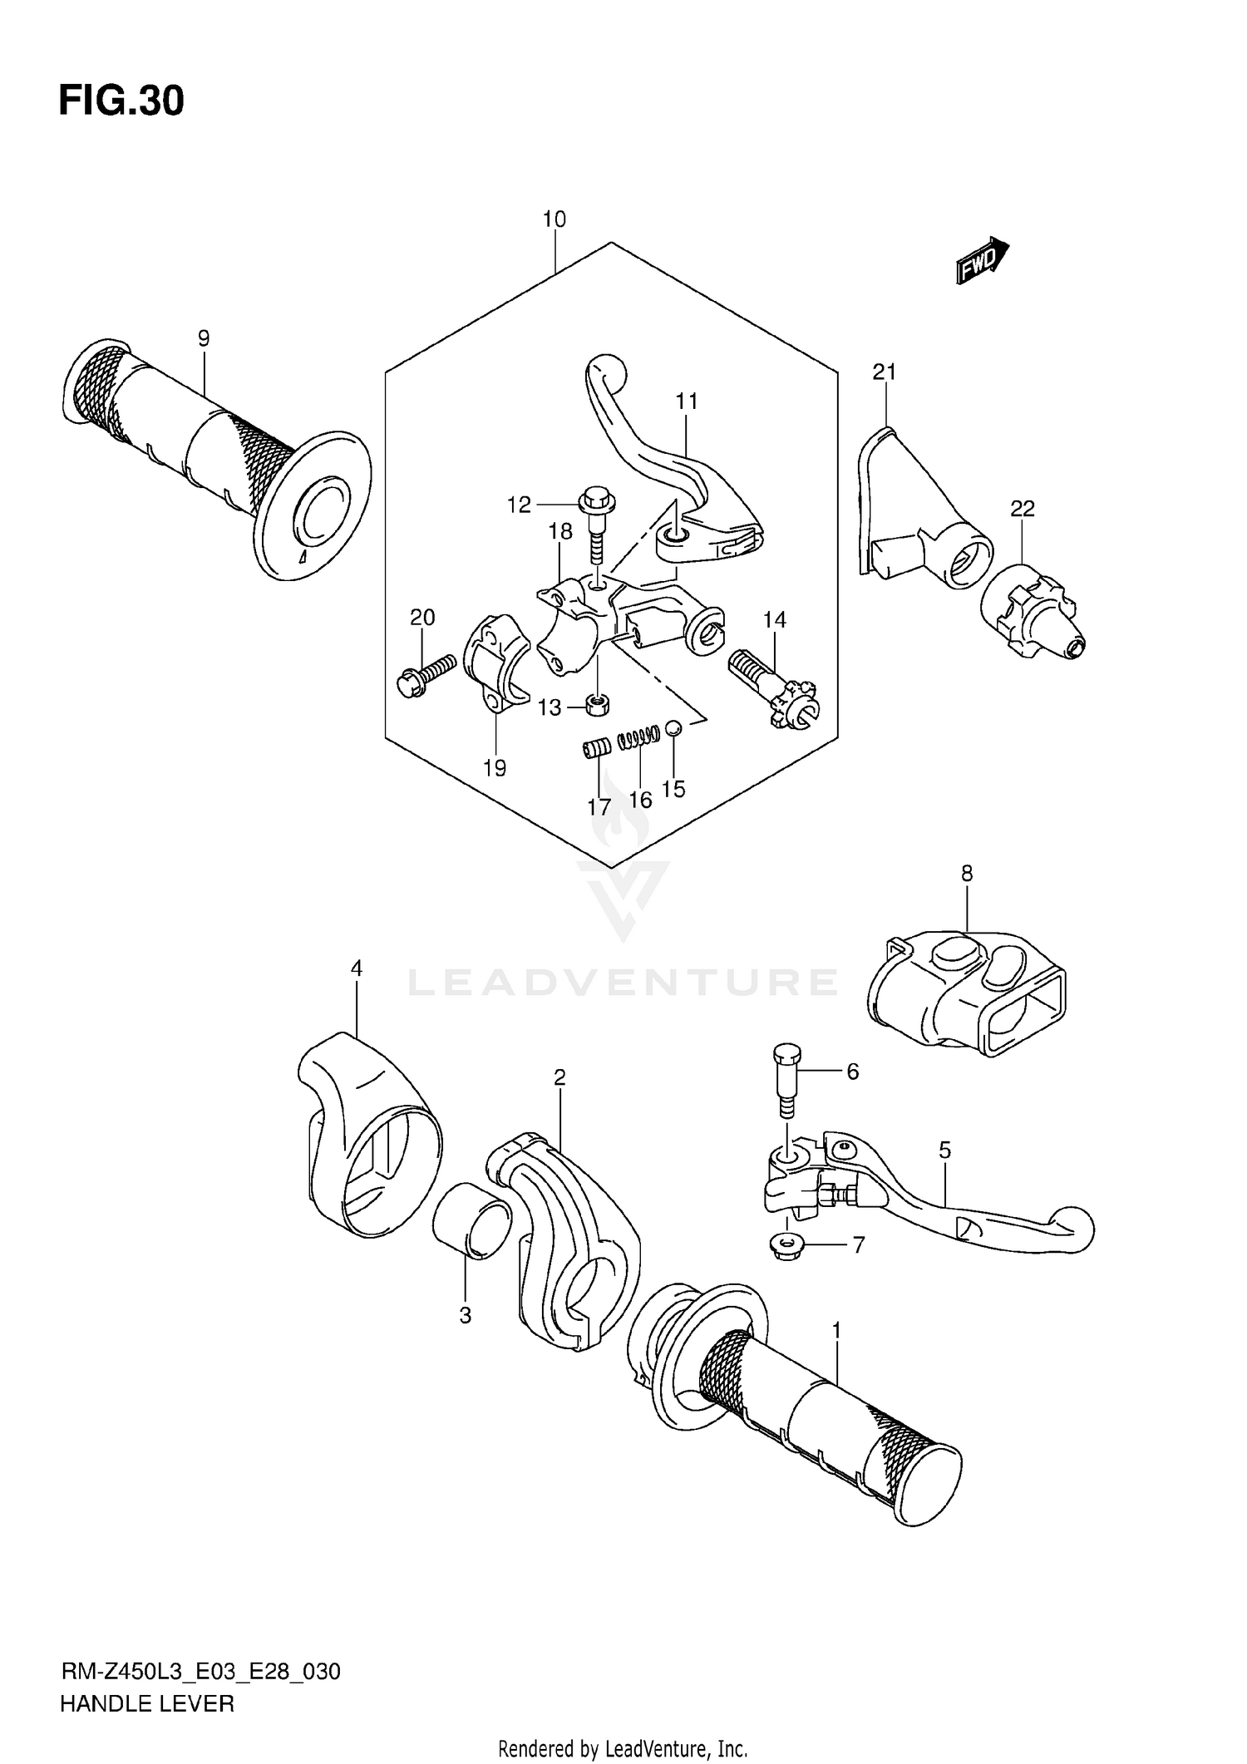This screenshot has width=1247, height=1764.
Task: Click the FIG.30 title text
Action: [x=121, y=101]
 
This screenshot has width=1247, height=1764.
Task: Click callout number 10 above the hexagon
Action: [x=554, y=219]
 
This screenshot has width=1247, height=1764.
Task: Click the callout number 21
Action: [x=884, y=372]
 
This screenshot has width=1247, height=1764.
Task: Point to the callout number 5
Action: [x=944, y=1151]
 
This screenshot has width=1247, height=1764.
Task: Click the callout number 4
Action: [x=356, y=968]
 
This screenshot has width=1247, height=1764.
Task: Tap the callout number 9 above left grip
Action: [x=204, y=338]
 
